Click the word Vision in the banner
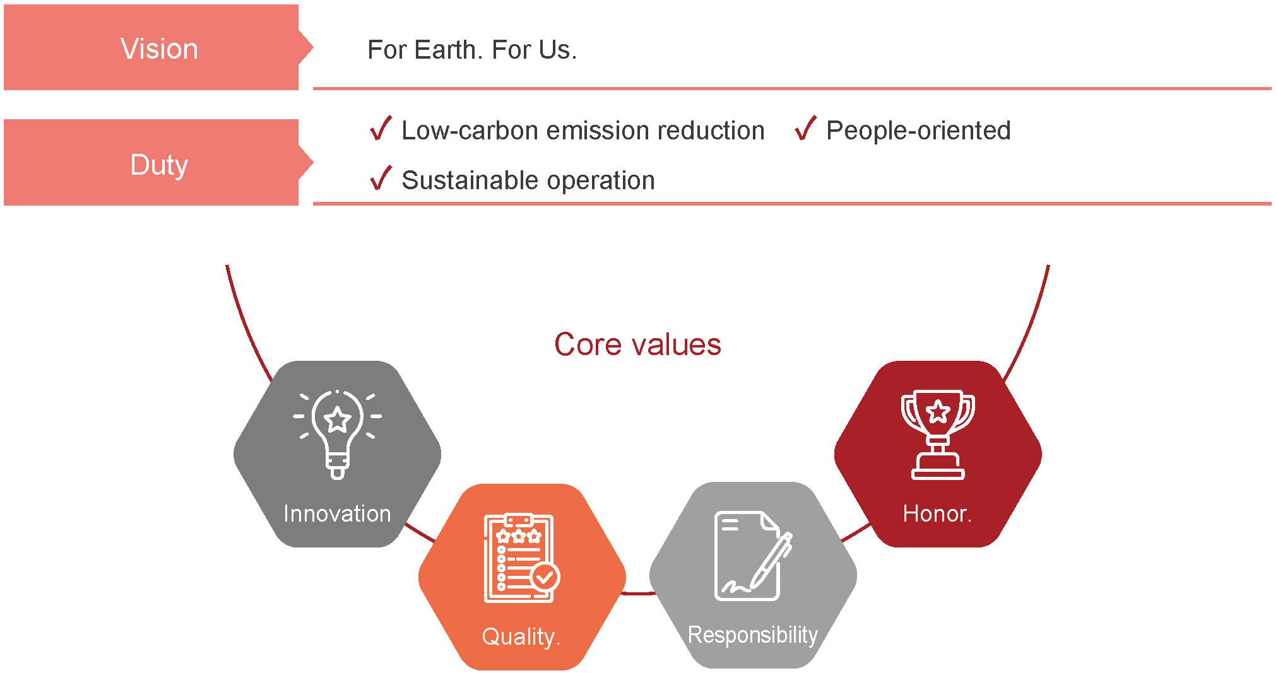click(x=159, y=49)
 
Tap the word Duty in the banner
click(x=159, y=165)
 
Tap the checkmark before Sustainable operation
click(x=381, y=178)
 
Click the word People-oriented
click(x=918, y=131)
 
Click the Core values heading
click(x=637, y=344)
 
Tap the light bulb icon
click(x=338, y=435)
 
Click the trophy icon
click(x=938, y=435)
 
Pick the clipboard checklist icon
click(x=522, y=558)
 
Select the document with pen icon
click(x=753, y=556)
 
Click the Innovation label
click(x=337, y=513)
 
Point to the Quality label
click(x=521, y=637)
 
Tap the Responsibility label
click(x=753, y=635)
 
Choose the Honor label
click(x=937, y=513)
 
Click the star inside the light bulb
click(x=338, y=419)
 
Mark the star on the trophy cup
click(x=938, y=412)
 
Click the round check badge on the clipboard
click(x=545, y=576)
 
